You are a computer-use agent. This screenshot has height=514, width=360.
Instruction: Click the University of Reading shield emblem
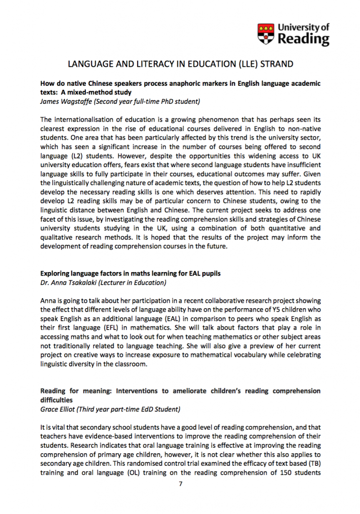point(266,34)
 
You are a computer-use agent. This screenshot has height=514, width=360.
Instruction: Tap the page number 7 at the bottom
point(181,484)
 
